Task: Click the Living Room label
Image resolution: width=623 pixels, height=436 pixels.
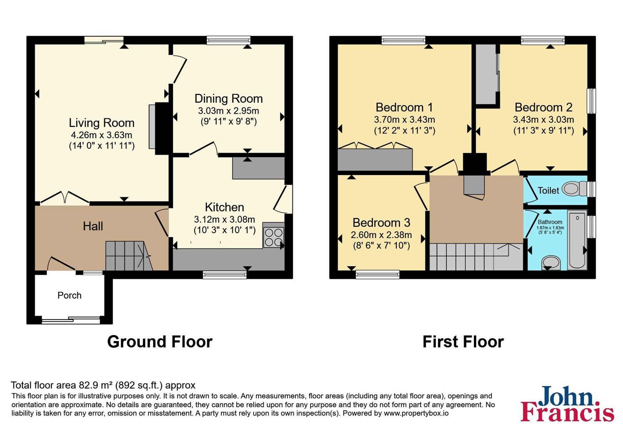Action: tap(102, 123)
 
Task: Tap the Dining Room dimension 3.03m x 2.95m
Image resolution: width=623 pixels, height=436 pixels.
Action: tap(228, 111)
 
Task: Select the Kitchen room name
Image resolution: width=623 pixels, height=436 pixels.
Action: tap(224, 207)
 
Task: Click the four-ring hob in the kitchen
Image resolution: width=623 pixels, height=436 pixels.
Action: tap(274, 237)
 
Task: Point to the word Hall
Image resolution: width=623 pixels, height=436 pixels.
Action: tap(93, 226)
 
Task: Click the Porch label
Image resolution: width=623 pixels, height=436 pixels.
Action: tap(69, 295)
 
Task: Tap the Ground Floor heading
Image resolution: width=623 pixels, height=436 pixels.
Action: tap(160, 342)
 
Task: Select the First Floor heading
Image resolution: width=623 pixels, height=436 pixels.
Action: tap(463, 342)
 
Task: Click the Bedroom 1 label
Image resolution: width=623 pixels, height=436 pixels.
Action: tap(404, 107)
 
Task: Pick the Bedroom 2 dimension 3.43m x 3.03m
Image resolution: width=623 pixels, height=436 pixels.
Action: tap(544, 120)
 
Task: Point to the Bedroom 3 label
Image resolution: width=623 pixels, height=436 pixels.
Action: tap(381, 223)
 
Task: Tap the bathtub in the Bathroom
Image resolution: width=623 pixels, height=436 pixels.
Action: tap(577, 240)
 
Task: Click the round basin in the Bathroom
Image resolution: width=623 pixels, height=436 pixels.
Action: tap(551, 262)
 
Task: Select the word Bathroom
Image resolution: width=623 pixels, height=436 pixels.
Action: tap(550, 222)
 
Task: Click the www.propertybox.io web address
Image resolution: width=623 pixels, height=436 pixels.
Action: tap(416, 413)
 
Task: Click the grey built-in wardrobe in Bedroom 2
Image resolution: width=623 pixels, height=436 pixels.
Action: tap(486, 74)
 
